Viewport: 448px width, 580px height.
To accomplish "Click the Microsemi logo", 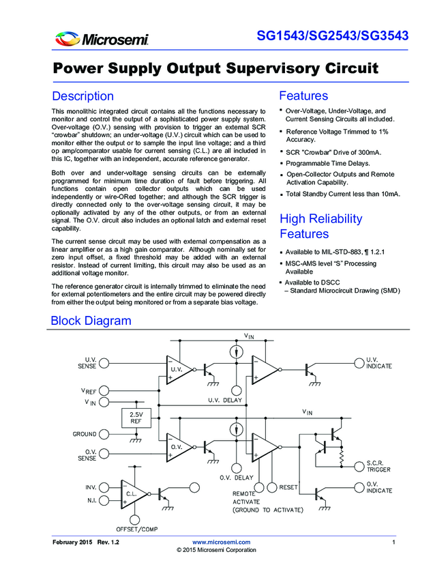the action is pos(102,38).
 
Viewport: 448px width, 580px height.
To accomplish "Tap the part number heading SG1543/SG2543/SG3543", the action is pos(333,35).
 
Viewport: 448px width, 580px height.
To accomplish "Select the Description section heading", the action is pos(83,96).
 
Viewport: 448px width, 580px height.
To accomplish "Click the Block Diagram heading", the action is pos(91,320).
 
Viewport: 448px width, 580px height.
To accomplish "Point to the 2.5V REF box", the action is pos(136,418).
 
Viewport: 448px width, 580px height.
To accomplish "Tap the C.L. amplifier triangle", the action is pos(134,494).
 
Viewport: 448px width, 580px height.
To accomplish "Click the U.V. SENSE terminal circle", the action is pos(104,363).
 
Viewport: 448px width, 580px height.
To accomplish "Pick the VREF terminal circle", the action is pos(104,390).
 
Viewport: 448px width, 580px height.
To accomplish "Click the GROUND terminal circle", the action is pos(104,434).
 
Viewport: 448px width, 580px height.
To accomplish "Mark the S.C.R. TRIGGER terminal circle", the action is pos(359,467).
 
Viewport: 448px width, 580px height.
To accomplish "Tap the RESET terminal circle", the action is pos(272,487).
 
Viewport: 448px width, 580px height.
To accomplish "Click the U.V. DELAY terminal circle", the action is pos(236,390).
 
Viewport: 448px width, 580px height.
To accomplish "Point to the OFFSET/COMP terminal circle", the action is pos(134,519).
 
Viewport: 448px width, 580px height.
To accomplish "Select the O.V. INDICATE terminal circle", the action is pos(359,487).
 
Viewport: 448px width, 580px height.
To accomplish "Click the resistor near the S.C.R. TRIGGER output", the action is pos(342,456).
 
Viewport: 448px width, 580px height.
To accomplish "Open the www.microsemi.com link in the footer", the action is pos(222,542).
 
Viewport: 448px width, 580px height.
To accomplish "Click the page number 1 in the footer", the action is pos(393,542).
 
